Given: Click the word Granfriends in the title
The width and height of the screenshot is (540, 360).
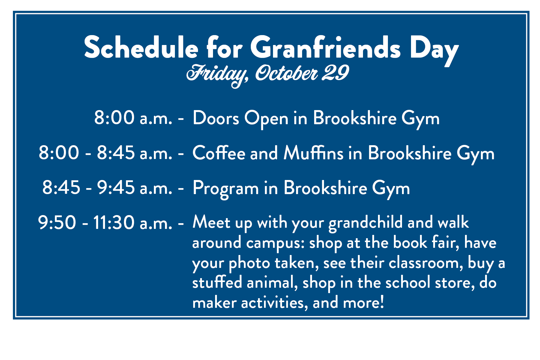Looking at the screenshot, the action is pos(325,47).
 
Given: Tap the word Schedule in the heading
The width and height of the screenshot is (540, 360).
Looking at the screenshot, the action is pos(141,47).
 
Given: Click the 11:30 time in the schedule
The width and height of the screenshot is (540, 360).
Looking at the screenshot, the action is pos(114,223).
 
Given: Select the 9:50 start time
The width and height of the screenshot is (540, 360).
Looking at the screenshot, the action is pos(57,223).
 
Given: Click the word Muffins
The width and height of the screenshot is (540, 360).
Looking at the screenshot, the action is pos(313,153).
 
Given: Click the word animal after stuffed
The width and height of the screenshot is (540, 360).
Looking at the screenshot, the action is pos(272,283).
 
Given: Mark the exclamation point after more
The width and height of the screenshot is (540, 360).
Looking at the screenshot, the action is pos(382,302).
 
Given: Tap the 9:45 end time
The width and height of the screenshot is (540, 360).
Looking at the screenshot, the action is pos(115,188).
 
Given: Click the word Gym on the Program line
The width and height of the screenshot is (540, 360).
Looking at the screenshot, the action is pos(391,189).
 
